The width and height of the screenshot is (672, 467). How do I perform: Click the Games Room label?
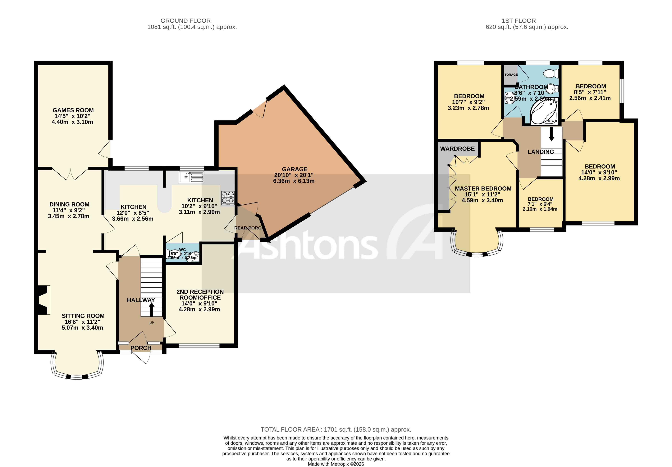(x=73, y=110)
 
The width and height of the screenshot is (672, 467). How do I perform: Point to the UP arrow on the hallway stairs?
(x=152, y=309)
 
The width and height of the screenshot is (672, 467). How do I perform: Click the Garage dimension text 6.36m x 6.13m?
(x=294, y=181)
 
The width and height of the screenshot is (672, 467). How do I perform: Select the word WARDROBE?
(x=457, y=149)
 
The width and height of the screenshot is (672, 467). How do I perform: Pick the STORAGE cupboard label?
(x=511, y=75)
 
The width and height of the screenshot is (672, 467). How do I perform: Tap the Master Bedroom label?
(x=483, y=189)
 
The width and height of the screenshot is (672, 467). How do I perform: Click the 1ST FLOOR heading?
(x=519, y=21)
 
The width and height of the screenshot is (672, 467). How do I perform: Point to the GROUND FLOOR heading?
(x=185, y=21)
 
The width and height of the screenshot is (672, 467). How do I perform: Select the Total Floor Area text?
(x=336, y=429)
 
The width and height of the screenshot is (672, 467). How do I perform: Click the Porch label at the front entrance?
(x=141, y=348)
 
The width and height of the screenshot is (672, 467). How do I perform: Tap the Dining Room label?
(x=69, y=204)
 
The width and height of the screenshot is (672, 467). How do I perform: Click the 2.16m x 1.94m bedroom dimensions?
(x=540, y=209)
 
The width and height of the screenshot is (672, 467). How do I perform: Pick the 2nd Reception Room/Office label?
(x=200, y=295)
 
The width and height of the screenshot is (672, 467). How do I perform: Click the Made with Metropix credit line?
(x=336, y=464)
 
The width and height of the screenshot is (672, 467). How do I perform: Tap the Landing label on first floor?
(x=540, y=152)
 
